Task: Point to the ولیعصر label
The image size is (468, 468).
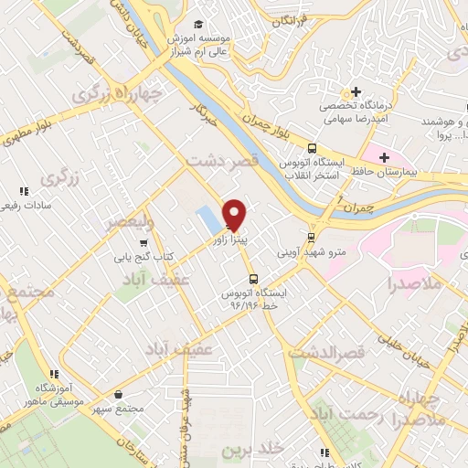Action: (x=133, y=222)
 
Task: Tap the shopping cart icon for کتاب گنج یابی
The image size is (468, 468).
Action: (x=144, y=243)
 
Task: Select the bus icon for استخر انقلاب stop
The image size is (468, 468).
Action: (x=313, y=147)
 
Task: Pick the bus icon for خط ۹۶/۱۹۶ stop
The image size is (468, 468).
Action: (x=252, y=279)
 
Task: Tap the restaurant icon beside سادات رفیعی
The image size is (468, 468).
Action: (x=24, y=191)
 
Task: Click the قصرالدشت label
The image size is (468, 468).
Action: (x=329, y=352)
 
